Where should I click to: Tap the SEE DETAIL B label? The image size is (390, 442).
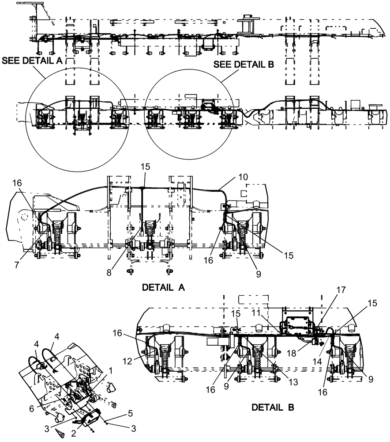point(244,65)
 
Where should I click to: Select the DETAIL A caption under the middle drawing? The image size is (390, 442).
point(163,287)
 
